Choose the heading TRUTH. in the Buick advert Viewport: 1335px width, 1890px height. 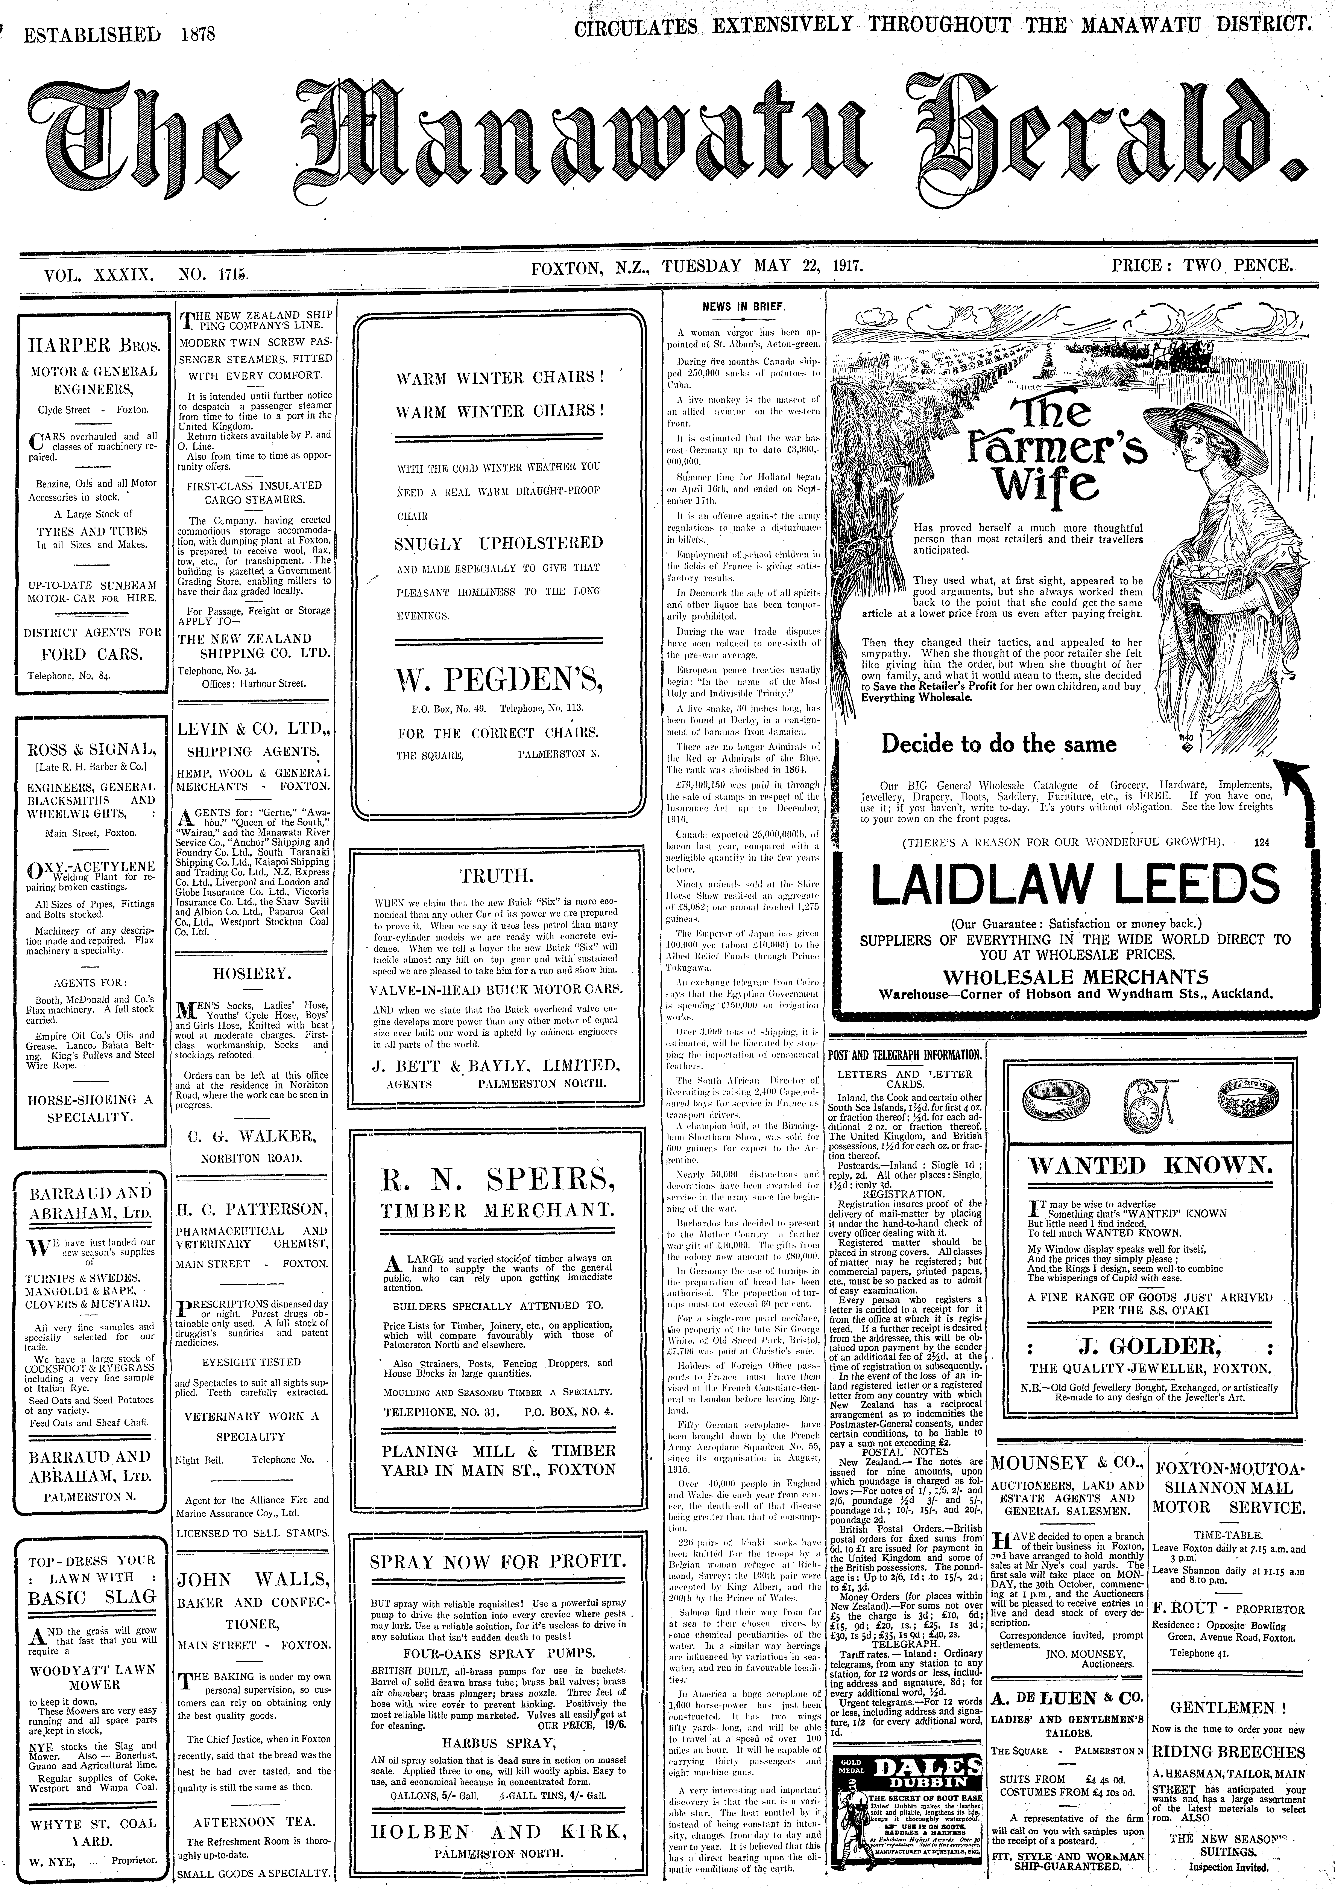(496, 874)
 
